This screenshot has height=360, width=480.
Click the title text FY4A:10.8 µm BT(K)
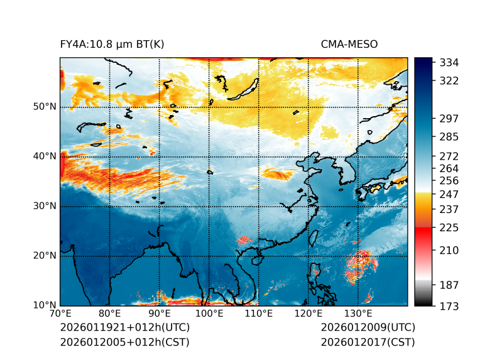pyautogui.click(x=111, y=45)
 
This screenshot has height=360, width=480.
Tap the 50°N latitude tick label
pyautogui.click(x=45, y=107)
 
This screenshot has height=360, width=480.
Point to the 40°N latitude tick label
pyautogui.click(x=45, y=156)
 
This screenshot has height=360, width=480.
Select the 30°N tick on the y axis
pyautogui.click(x=45, y=206)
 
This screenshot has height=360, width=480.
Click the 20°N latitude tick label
pyautogui.click(x=45, y=256)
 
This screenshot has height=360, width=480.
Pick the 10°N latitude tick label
pyautogui.click(x=45, y=305)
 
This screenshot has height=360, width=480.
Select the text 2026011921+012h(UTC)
pyautogui.click(x=124, y=328)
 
